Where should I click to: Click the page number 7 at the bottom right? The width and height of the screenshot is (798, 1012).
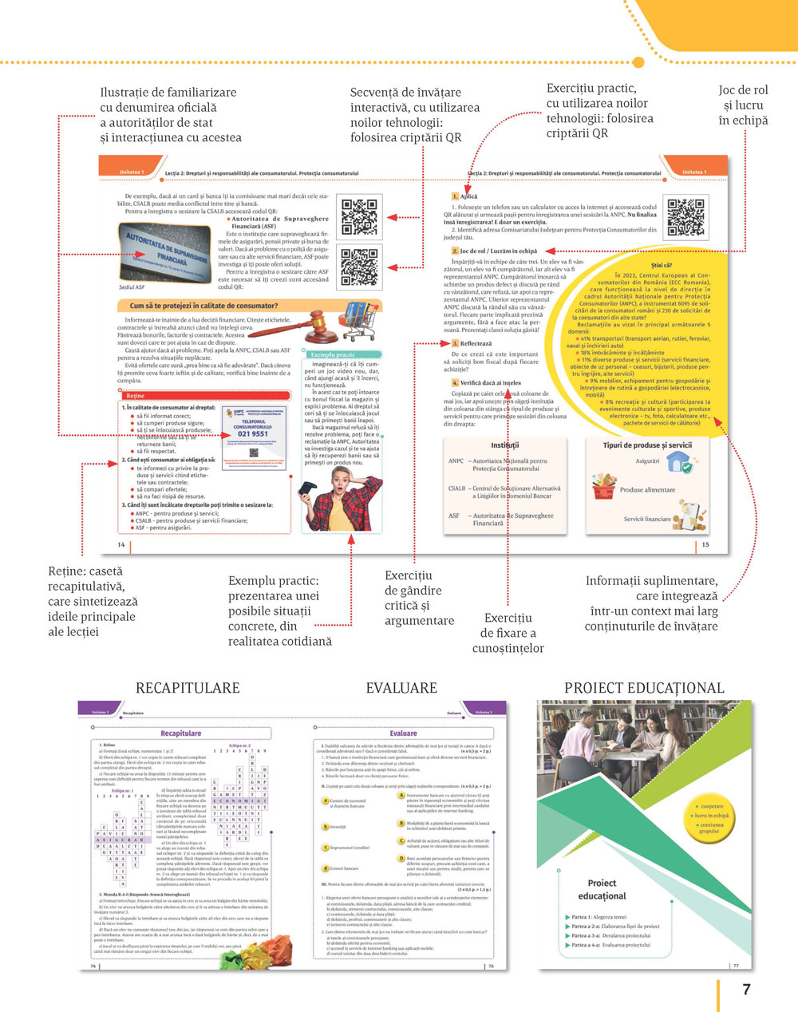click(746, 990)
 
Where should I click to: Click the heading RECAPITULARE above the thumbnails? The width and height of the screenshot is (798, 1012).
click(188, 688)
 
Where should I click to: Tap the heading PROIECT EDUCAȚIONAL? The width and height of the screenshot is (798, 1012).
click(644, 688)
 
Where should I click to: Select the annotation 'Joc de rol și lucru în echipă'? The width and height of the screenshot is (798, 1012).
click(743, 105)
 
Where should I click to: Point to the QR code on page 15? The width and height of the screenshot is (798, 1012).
click(685, 218)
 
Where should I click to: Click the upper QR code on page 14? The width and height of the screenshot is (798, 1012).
click(359, 218)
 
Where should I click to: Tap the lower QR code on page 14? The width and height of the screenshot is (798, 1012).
click(359, 267)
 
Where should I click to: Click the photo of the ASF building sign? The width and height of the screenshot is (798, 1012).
click(165, 252)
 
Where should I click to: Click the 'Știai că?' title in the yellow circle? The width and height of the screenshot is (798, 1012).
click(662, 265)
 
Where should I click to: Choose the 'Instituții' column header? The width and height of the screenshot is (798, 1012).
click(504, 445)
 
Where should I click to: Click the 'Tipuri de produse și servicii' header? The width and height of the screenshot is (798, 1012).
click(647, 445)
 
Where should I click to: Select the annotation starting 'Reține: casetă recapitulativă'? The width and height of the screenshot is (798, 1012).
click(91, 601)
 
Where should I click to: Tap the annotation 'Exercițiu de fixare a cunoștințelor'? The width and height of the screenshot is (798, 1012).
click(508, 633)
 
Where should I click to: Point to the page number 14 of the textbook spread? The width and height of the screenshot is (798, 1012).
click(121, 544)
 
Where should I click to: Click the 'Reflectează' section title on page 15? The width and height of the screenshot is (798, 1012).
click(476, 343)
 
